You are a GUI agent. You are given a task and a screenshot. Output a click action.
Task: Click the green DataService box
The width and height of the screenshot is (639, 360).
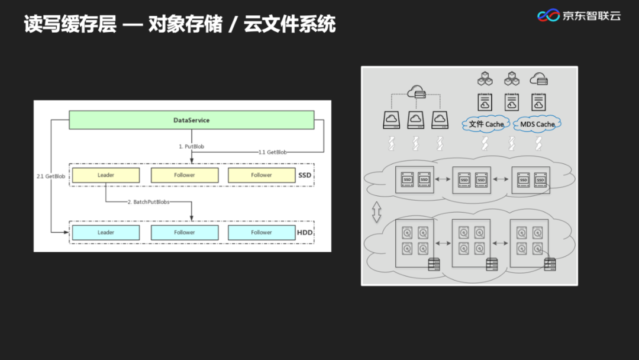point(191,120)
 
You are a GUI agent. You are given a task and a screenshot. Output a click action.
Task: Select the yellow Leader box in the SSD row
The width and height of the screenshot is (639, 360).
point(106,175)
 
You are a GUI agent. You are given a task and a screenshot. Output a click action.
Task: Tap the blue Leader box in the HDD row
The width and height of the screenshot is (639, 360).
point(106,233)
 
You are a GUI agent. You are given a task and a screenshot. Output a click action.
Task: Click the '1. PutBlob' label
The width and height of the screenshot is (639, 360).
point(192,146)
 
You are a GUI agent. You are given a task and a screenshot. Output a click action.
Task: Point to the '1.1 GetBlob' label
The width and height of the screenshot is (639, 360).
point(273,152)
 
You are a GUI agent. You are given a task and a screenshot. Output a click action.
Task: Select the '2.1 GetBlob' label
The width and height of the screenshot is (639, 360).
point(51,176)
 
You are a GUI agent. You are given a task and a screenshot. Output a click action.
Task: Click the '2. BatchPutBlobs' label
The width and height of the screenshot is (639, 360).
point(148,202)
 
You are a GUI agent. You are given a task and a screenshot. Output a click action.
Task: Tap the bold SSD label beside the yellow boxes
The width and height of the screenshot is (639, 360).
point(304,175)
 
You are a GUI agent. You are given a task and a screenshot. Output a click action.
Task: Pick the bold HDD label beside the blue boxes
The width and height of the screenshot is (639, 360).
point(304,233)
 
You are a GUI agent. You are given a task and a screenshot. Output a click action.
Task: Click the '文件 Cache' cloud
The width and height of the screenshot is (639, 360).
point(486,124)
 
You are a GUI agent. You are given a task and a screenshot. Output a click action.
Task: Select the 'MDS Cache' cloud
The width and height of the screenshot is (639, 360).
point(537,124)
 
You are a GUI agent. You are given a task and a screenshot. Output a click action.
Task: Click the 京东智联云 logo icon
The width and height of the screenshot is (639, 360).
point(548,15)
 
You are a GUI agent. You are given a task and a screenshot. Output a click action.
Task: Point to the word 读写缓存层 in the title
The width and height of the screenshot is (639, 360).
point(70,24)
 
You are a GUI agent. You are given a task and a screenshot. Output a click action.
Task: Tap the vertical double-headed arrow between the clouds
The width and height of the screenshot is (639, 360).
point(377,213)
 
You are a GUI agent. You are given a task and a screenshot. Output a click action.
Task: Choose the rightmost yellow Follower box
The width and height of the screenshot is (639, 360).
point(261,175)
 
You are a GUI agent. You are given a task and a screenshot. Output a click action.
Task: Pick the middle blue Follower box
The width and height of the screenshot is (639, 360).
point(184,233)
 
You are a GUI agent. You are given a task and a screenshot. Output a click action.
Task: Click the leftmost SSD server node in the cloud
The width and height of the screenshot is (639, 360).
point(415,179)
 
